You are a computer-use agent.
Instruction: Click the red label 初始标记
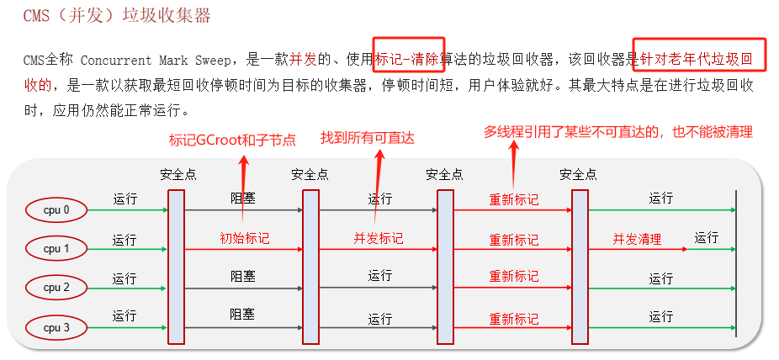point(245,239)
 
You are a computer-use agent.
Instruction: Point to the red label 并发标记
point(379,239)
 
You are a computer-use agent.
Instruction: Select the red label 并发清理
point(637,239)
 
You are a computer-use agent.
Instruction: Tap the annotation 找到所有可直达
point(368,137)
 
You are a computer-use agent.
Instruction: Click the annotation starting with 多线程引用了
point(617,132)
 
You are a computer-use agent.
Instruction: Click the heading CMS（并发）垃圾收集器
point(118,16)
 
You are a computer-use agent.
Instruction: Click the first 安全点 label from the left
point(178,174)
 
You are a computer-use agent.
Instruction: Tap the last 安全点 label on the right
point(579,174)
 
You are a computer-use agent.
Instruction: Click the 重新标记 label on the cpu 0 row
point(514,200)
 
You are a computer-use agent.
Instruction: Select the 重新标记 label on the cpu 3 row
point(514,320)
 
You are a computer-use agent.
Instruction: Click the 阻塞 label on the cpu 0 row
point(244,199)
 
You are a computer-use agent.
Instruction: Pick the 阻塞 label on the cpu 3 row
point(244,314)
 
